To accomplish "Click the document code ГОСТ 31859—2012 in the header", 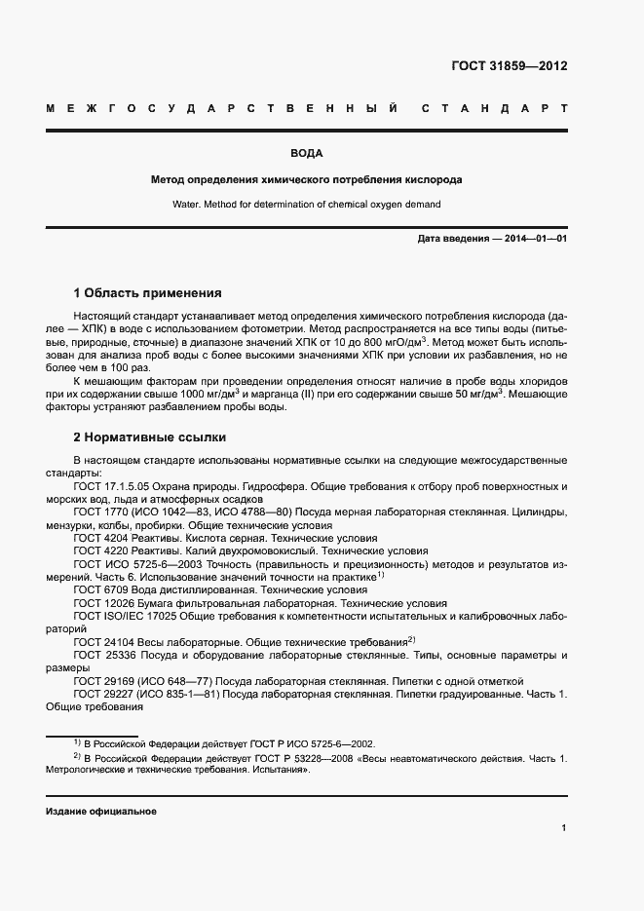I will pyautogui.click(x=509, y=66).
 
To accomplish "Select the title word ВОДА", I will pyautogui.click(x=306, y=154).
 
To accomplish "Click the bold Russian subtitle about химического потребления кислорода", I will pyautogui.click(x=306, y=180).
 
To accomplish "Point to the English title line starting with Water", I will pyautogui.click(x=306, y=205).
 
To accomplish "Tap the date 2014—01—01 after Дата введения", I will pyautogui.click(x=536, y=238).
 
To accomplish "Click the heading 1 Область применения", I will pyautogui.click(x=147, y=292).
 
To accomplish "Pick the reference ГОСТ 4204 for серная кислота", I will pyautogui.click(x=100, y=538).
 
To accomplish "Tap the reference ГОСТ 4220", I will pyautogui.click(x=100, y=550).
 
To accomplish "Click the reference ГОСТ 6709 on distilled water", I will pyautogui.click(x=100, y=590).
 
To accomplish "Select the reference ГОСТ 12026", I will pyautogui.click(x=103, y=604).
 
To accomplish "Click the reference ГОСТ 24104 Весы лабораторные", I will pyautogui.click(x=103, y=643).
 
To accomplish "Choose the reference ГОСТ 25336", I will pyautogui.click(x=103, y=657).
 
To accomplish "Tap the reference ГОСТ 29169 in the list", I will pyautogui.click(x=103, y=683).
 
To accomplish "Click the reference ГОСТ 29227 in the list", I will pyautogui.click(x=103, y=696).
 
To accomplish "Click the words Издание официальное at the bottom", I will pyautogui.click(x=100, y=812).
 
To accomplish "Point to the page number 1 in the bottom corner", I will pyautogui.click(x=564, y=828).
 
